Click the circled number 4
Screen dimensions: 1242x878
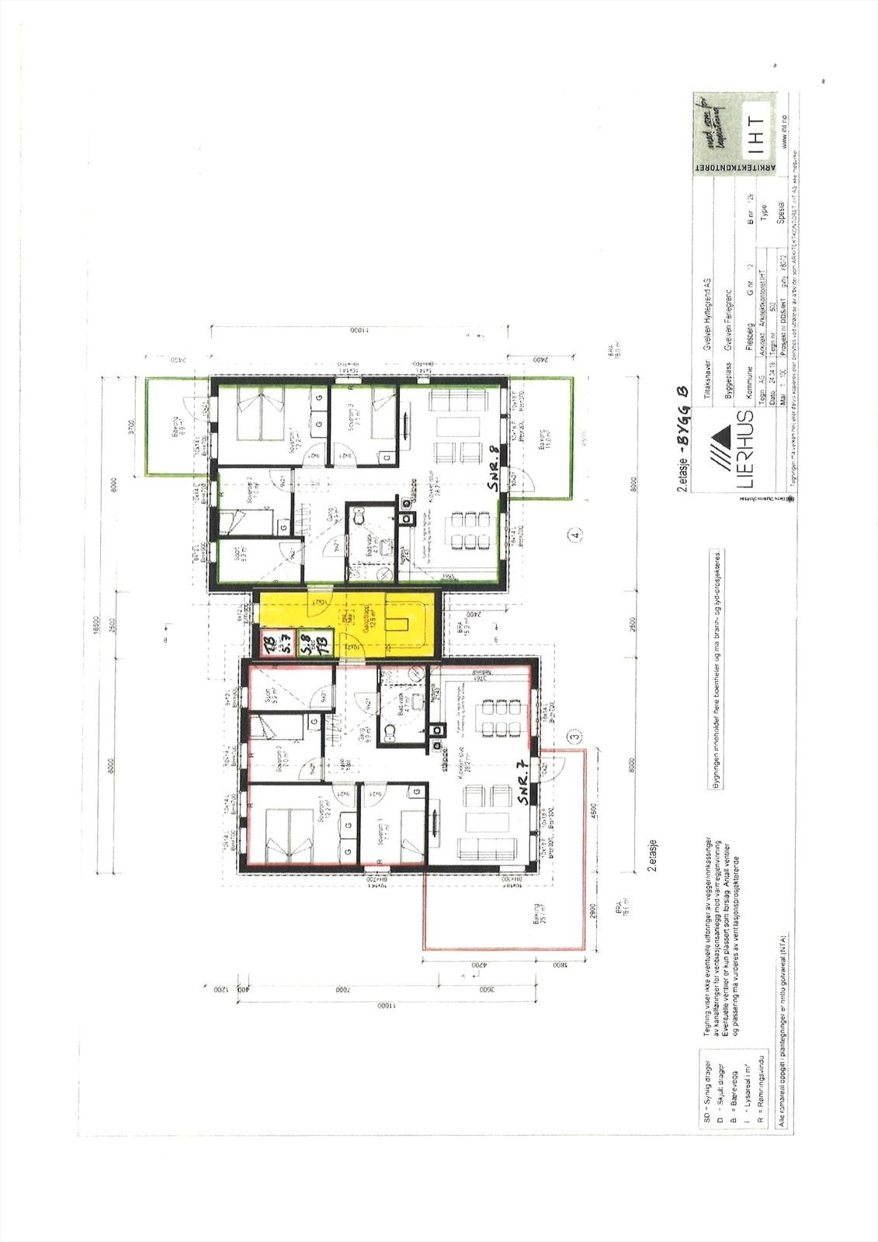tap(574, 535)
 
